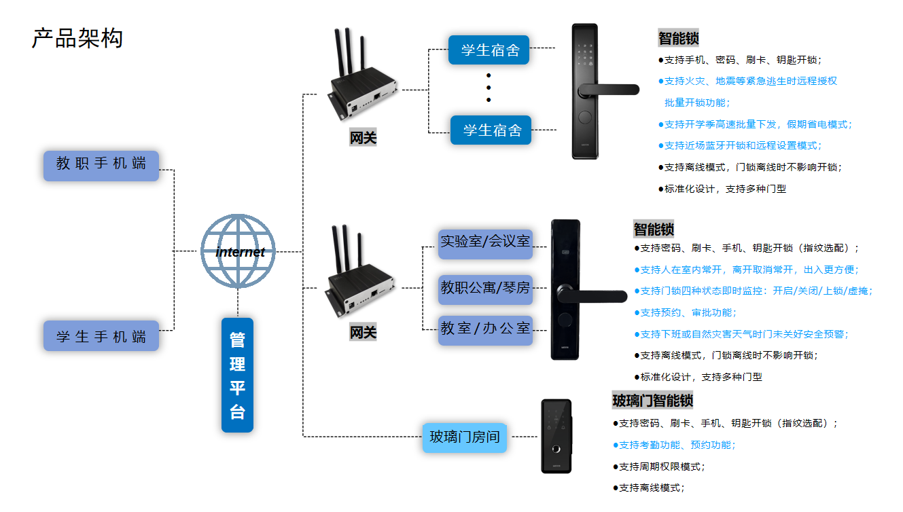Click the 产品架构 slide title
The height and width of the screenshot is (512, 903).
click(77, 39)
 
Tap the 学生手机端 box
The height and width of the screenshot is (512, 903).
click(101, 335)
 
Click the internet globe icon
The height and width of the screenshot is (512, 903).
click(238, 251)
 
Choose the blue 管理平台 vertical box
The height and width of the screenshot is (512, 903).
click(237, 375)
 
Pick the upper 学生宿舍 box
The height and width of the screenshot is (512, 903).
click(489, 50)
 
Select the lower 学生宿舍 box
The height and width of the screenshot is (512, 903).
click(491, 130)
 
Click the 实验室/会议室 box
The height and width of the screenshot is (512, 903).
click(485, 242)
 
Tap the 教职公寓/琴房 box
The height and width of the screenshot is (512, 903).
click(485, 288)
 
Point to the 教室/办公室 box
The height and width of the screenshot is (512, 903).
click(485, 329)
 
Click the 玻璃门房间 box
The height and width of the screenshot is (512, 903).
click(465, 437)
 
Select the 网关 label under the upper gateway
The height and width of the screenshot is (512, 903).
click(363, 138)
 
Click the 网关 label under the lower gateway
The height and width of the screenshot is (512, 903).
click(363, 333)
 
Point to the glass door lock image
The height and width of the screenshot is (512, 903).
click(556, 436)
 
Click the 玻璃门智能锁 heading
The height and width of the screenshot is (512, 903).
click(652, 401)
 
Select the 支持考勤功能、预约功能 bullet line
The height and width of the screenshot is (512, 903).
click(677, 445)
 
